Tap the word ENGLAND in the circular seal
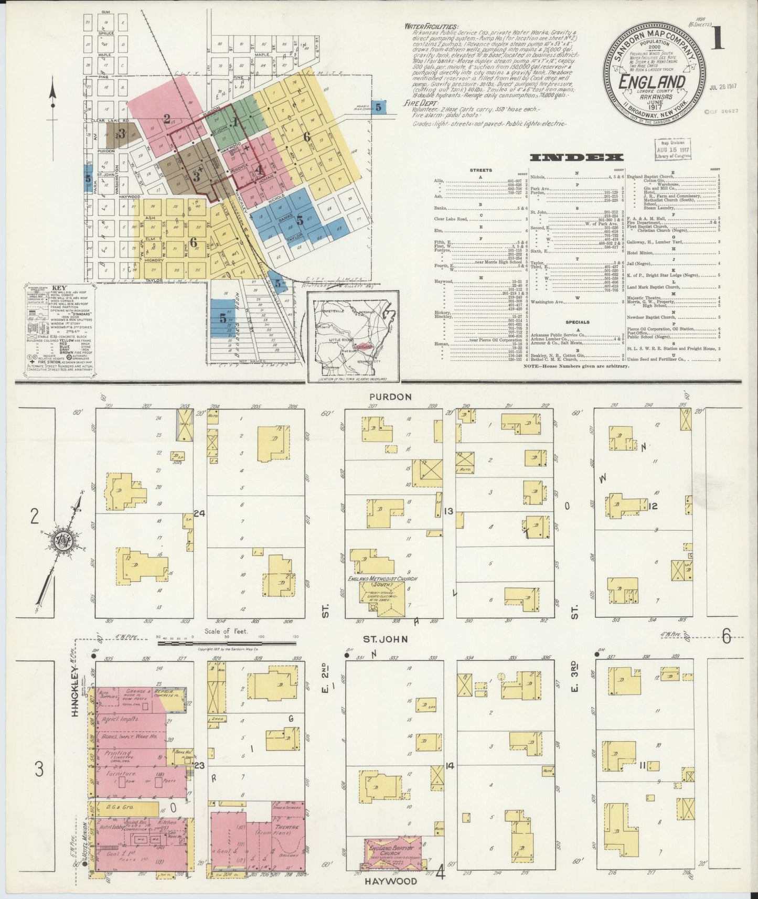click(652, 82)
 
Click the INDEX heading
click(576, 157)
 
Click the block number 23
click(199, 765)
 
